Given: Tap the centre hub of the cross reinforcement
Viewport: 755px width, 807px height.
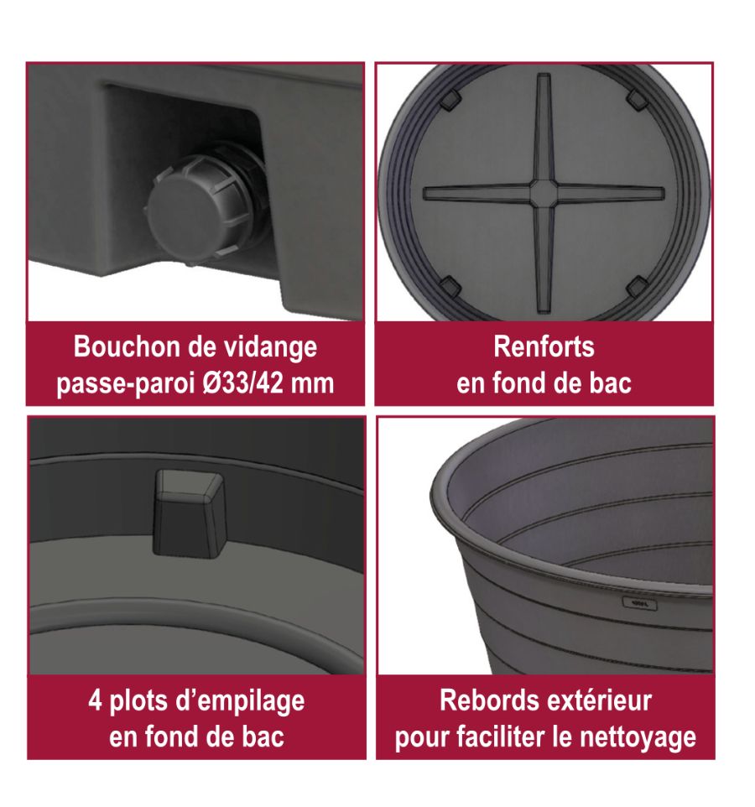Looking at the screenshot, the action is [543, 192].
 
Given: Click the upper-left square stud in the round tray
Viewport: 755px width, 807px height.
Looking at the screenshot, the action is [450, 99].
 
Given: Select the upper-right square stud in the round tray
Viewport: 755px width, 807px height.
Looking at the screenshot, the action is [638, 99].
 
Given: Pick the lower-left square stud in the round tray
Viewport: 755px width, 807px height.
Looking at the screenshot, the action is [450, 287].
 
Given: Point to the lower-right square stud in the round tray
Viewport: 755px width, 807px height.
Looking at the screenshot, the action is [638, 287].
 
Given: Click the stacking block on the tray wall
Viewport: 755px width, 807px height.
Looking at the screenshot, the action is [190, 513].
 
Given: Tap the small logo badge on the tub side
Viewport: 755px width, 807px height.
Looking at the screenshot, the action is [640, 603].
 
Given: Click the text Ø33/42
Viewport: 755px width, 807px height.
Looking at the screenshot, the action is [242, 383].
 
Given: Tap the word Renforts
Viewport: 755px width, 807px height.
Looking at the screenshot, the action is [544, 346].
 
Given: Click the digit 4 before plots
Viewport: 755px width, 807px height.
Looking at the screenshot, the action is [95, 701].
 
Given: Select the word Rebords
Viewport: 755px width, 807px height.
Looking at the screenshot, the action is [487, 700].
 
